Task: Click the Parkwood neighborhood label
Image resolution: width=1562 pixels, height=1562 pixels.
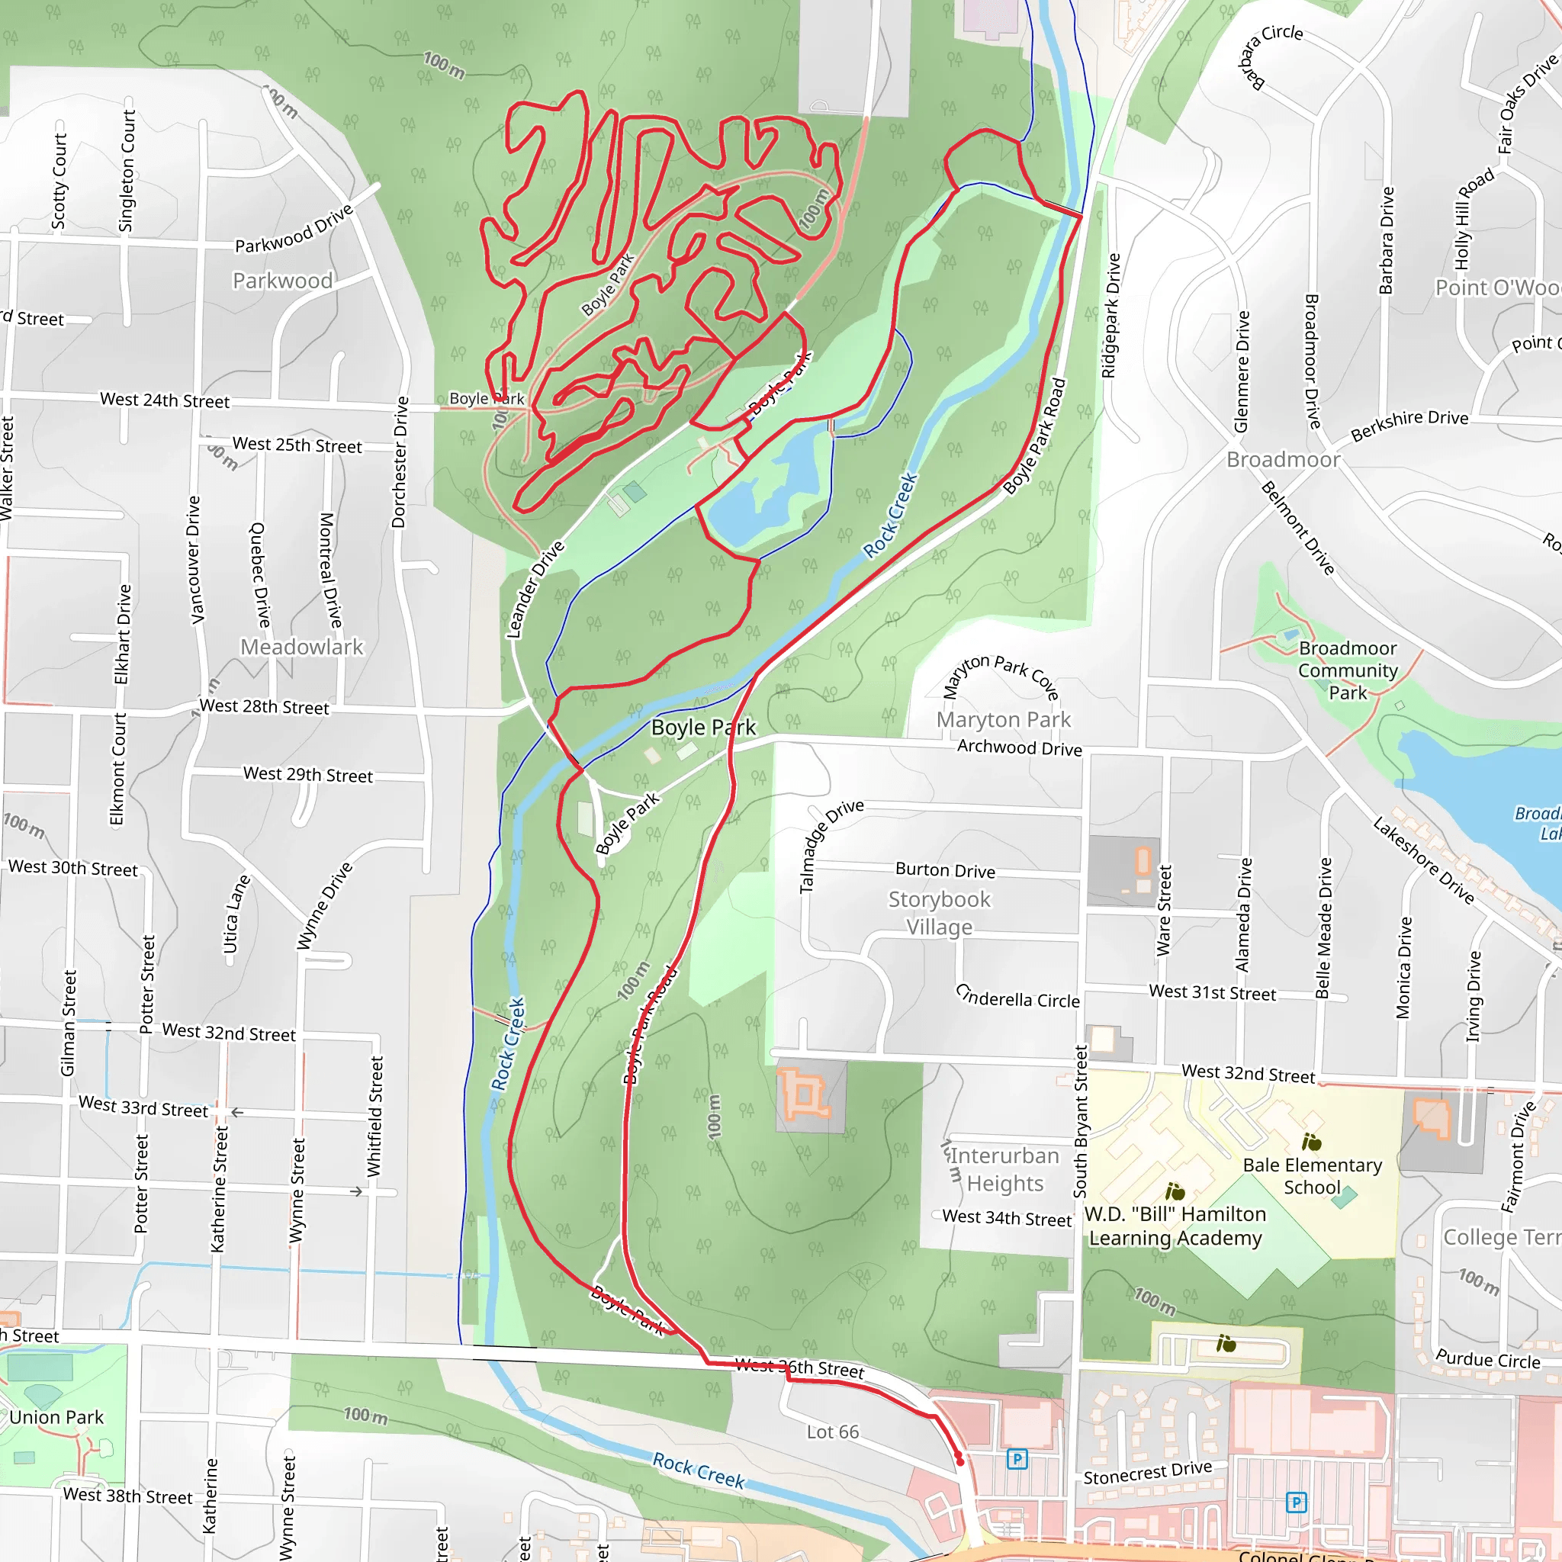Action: [x=282, y=281]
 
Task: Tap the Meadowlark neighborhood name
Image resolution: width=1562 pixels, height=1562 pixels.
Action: [x=301, y=647]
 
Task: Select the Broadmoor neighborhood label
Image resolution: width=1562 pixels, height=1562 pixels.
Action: [x=1283, y=459]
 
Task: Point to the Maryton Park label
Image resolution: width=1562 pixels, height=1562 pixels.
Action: [x=1004, y=718]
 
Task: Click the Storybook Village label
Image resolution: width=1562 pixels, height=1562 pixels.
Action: [x=939, y=913]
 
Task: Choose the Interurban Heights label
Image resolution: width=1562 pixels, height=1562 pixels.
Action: [x=1004, y=1169]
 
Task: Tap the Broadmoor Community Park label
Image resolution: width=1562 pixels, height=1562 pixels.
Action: [x=1347, y=670]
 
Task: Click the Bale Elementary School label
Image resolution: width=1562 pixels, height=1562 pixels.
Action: [x=1312, y=1175]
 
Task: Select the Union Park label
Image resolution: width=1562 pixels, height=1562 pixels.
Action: [x=56, y=1417]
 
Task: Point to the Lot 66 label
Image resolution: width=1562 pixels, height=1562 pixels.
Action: [x=833, y=1432]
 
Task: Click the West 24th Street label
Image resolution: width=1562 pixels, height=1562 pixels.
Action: [x=165, y=400]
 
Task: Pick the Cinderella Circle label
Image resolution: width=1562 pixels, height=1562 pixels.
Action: [x=1017, y=996]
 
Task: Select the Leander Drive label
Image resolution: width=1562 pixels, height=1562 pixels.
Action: [x=535, y=590]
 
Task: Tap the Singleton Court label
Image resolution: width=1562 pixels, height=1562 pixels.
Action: [x=127, y=171]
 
